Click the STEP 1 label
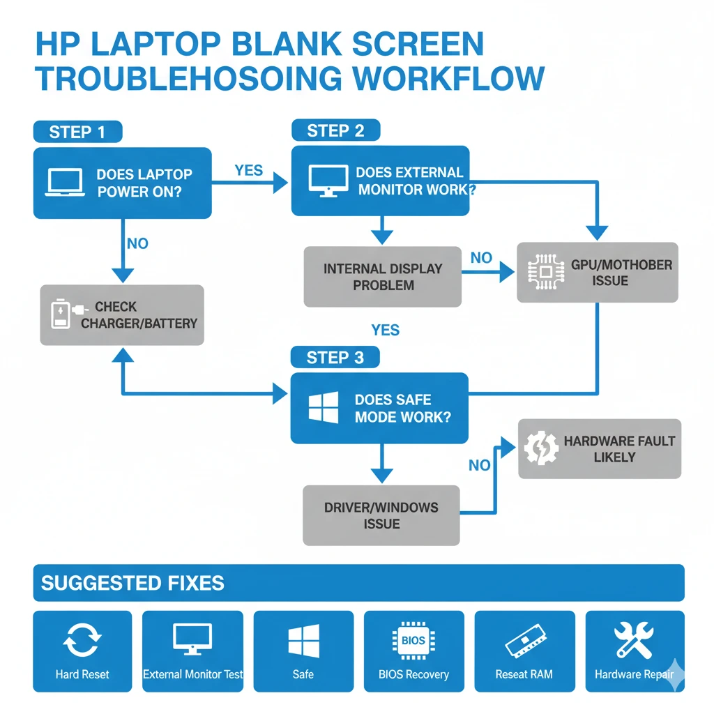click(77, 132)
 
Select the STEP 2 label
click(335, 130)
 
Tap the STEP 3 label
click(335, 358)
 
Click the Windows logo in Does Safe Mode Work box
click(324, 408)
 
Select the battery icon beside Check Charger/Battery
click(62, 314)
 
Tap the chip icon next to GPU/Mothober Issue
click(545, 272)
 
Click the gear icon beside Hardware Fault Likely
click(540, 448)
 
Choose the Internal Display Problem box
click(382, 277)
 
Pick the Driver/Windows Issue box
click(381, 515)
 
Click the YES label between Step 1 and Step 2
click(249, 171)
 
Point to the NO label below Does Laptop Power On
click(137, 243)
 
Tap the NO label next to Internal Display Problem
click(481, 258)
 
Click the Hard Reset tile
click(82, 651)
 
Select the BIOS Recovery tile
click(413, 651)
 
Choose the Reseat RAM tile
click(524, 651)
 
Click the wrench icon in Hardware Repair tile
click(634, 640)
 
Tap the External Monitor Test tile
click(192, 651)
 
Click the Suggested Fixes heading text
click(132, 583)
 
